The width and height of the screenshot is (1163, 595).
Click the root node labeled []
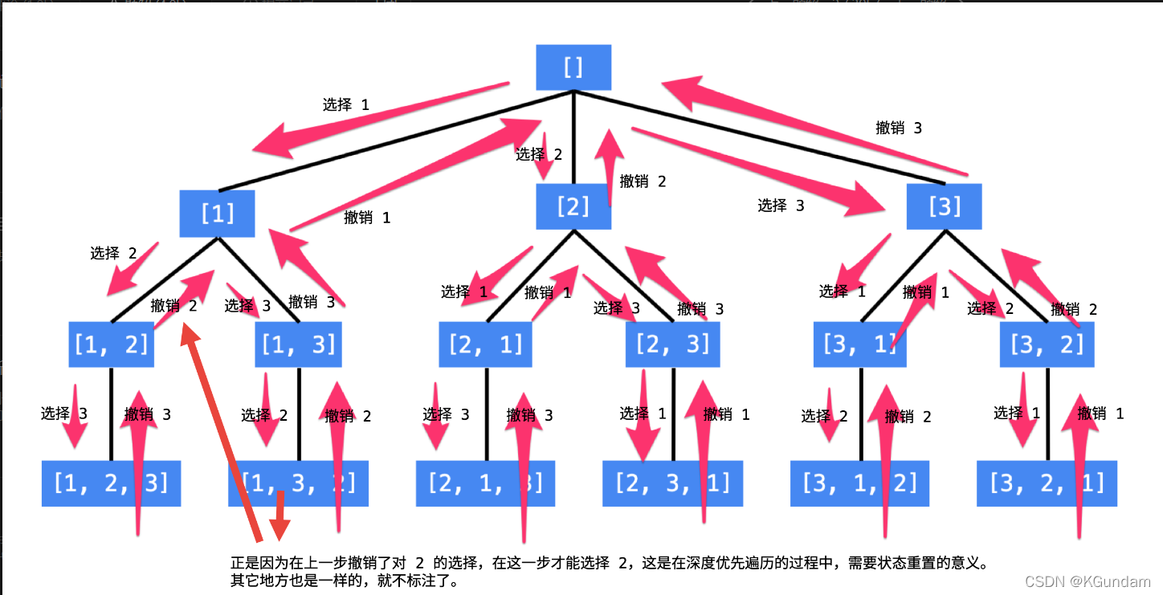click(x=573, y=67)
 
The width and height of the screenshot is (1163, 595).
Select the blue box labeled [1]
click(x=217, y=214)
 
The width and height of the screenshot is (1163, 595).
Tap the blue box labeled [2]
click(x=573, y=207)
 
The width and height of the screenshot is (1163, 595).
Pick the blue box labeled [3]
click(x=944, y=207)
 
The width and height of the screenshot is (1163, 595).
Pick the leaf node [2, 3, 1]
click(x=672, y=483)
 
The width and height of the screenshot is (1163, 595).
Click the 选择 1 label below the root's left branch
click(x=346, y=104)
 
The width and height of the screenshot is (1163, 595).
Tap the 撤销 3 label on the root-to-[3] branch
click(x=899, y=128)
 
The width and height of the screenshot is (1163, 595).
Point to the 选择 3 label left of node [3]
click(x=781, y=206)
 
